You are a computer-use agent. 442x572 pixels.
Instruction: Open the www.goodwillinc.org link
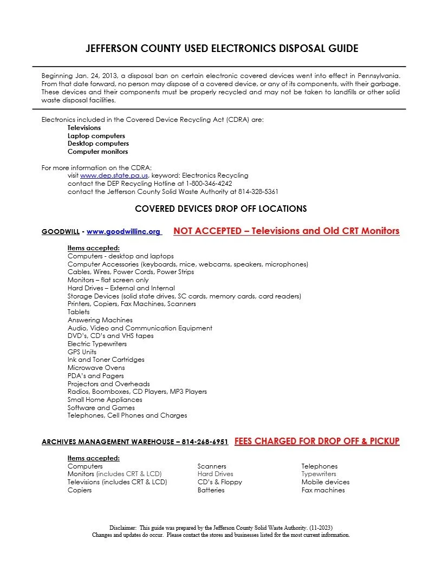point(123,232)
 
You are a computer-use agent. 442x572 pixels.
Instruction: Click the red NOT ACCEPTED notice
point(286,231)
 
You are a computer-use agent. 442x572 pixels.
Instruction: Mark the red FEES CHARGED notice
point(317,441)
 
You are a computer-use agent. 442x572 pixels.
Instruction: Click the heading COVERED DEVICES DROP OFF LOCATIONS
point(220,209)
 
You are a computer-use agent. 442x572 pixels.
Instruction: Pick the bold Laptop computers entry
point(96,136)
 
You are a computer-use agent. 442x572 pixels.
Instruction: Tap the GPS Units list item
point(82,352)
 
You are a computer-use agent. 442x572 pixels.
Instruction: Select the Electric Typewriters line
point(97,344)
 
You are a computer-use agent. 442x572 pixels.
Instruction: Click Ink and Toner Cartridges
point(106,360)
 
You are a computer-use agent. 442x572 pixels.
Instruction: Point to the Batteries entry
point(211,490)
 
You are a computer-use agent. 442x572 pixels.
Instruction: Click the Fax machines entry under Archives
point(323,490)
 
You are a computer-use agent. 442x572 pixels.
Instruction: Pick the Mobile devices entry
point(325,482)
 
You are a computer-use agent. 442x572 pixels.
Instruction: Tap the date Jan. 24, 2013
point(94,76)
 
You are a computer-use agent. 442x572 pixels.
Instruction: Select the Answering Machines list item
point(100,320)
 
